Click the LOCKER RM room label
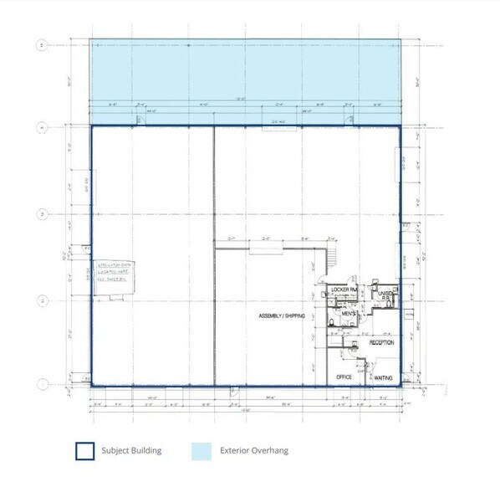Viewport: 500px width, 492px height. coord(344,290)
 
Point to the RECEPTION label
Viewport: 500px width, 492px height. coord(381,343)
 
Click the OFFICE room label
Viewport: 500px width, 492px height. coord(343,377)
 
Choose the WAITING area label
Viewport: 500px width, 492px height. coord(383,377)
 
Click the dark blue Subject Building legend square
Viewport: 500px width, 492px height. coord(84,450)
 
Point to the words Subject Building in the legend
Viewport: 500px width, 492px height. coord(131,450)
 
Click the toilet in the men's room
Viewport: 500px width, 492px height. coord(332,321)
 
